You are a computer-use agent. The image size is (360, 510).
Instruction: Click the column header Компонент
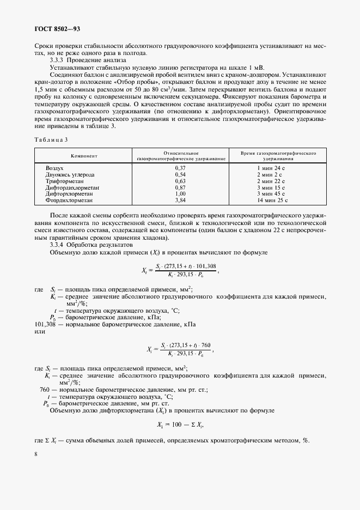84,156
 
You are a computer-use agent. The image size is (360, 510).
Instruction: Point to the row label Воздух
55,169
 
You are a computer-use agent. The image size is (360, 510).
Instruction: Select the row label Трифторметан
63,181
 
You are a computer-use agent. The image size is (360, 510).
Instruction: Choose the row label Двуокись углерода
70,175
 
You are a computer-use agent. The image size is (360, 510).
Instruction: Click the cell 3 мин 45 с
274,193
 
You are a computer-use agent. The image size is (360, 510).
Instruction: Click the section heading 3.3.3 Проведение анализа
88,60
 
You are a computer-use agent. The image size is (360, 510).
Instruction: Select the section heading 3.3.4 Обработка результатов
91,245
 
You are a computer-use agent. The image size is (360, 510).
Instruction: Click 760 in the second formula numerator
205,345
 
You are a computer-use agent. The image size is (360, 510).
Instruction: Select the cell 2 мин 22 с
274,181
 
